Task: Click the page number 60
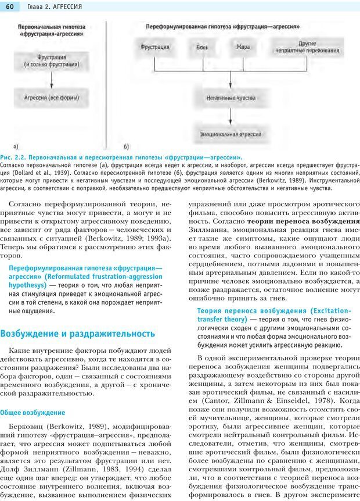tap(10, 6)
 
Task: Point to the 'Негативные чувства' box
tap(231, 98)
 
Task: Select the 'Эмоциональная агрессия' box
tap(231, 134)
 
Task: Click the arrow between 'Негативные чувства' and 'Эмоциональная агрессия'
tap(231, 116)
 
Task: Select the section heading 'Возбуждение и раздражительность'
tap(78, 334)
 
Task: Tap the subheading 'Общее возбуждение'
tap(33, 412)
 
